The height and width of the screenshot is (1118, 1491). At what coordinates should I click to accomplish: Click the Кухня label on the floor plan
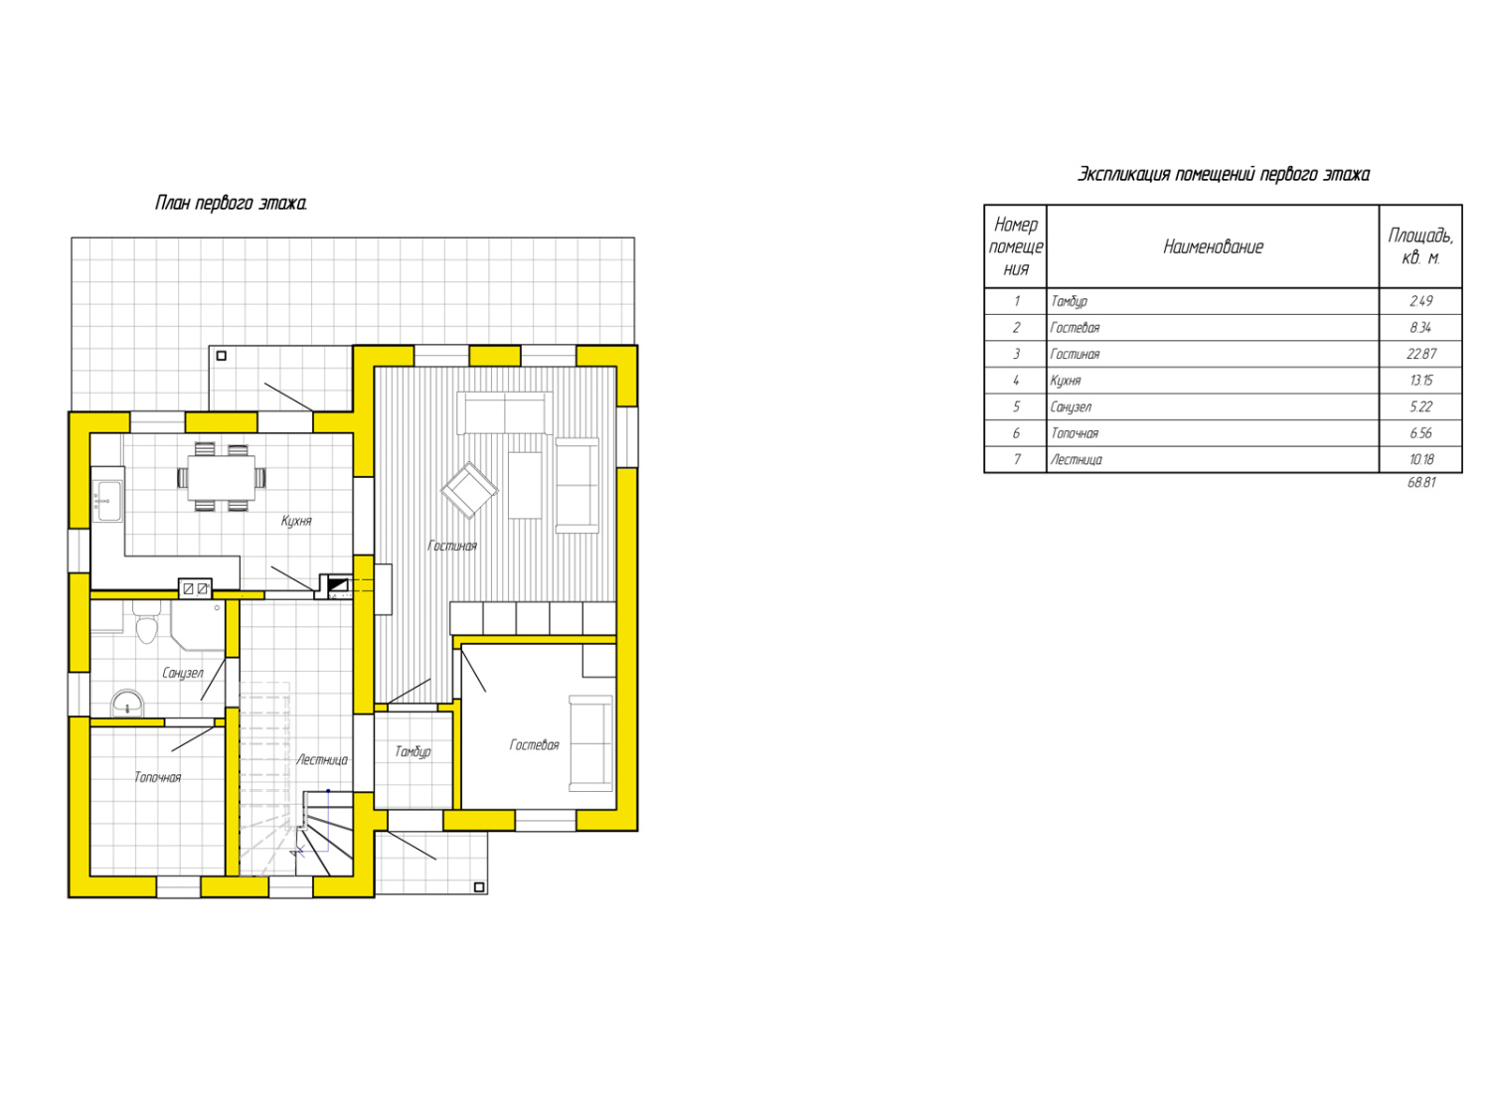point(296,521)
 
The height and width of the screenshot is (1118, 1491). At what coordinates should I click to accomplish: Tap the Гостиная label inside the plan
point(451,546)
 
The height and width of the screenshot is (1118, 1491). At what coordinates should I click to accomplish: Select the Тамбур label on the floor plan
point(413,751)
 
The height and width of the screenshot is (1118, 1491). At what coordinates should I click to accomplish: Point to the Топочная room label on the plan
point(158,777)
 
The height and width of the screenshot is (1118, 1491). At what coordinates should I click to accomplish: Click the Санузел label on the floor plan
point(182,673)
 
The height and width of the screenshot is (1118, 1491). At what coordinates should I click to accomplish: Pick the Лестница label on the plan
point(322,759)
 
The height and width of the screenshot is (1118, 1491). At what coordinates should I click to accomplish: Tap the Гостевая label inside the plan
point(534,744)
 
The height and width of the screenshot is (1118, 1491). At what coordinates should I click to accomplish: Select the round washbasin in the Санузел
point(127,704)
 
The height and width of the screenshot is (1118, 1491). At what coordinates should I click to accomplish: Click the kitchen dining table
point(221,477)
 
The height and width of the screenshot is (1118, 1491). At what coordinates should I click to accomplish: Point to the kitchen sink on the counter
point(107,500)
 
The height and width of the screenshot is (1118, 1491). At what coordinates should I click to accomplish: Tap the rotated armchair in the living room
point(469,490)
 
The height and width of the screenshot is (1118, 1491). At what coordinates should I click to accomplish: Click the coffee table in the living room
point(525,485)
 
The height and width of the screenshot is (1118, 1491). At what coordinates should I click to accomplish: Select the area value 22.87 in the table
point(1420,354)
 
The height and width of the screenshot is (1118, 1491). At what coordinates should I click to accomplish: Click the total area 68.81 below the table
point(1420,483)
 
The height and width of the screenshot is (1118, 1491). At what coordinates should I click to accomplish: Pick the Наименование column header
point(1213,246)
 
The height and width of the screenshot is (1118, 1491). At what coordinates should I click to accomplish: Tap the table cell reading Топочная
point(1074,433)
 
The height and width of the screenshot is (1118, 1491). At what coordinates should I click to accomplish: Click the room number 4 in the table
point(1016,381)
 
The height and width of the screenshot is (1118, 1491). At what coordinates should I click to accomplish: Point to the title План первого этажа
point(231,203)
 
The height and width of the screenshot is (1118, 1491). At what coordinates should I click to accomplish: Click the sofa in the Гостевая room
point(590,743)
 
